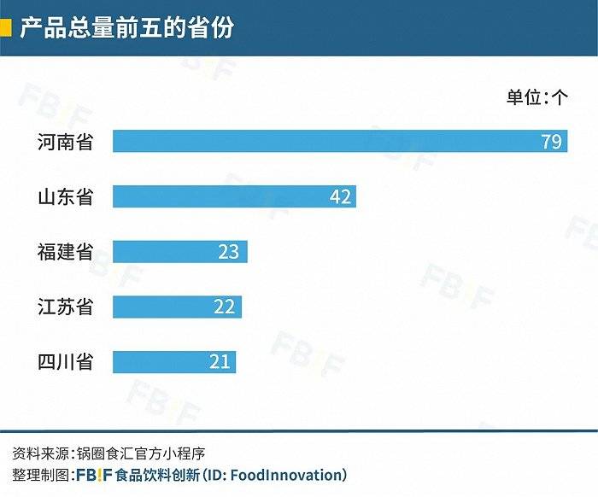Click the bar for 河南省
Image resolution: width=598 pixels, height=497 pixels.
pyautogui.click(x=340, y=141)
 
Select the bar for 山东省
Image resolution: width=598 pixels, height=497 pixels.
pyautogui.click(x=234, y=196)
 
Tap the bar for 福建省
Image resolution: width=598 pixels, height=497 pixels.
pyautogui.click(x=179, y=252)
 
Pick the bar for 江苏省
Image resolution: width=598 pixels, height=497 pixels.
pyautogui.click(x=177, y=307)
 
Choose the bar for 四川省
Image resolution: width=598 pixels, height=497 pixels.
pyautogui.click(x=173, y=361)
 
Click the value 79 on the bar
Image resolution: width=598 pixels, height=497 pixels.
pyautogui.click(x=551, y=142)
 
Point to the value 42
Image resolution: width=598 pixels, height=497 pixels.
pyautogui.click(x=340, y=197)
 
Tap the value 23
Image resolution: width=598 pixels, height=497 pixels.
pyautogui.click(x=228, y=253)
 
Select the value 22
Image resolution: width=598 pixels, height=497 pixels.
pyautogui.click(x=224, y=307)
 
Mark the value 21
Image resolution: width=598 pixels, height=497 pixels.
pyautogui.click(x=220, y=362)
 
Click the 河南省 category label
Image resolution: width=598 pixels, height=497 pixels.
pyautogui.click(x=65, y=141)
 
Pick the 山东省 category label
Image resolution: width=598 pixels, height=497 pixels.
pyautogui.click(x=65, y=197)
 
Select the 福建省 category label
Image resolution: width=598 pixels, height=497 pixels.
pyautogui.click(x=65, y=252)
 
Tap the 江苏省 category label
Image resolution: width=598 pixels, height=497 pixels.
pyautogui.click(x=65, y=307)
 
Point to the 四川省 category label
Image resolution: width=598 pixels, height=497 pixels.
pyautogui.click(x=65, y=361)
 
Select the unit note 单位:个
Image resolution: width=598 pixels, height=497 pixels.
pyautogui.click(x=536, y=97)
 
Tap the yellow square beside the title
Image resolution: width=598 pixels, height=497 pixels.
pyautogui.click(x=5, y=27)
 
